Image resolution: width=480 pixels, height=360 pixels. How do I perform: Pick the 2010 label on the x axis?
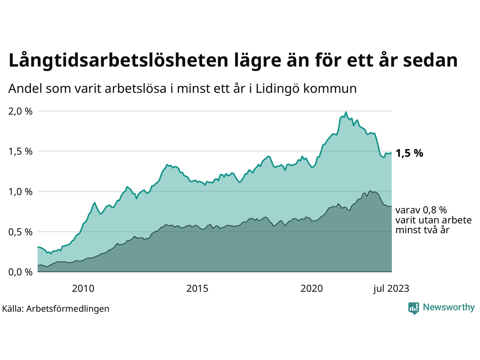point(83,288)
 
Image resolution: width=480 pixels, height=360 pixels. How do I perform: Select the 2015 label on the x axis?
point(197,288)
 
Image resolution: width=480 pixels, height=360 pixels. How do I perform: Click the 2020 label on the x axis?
point(312,288)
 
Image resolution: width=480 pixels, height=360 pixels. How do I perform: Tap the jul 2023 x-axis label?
point(391,288)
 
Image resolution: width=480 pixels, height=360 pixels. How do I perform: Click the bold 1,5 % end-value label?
point(409,153)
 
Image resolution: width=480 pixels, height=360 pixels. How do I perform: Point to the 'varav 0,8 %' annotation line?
point(421,210)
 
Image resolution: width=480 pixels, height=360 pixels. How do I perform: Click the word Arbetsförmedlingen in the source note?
point(68,309)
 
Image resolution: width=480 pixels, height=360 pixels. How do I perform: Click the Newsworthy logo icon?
point(414,308)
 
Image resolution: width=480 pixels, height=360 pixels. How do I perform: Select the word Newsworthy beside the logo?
point(448,307)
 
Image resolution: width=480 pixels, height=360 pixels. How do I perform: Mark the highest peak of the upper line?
point(346,112)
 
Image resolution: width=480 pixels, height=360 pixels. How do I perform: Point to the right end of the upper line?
point(391,153)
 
